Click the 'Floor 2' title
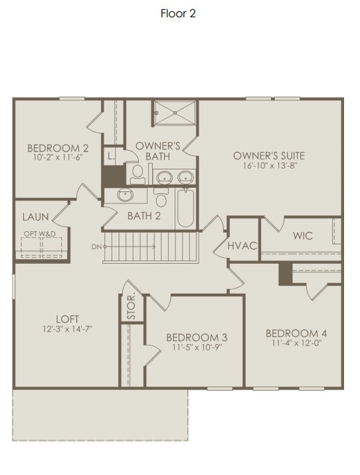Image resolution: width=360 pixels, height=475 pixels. [x=178, y=13]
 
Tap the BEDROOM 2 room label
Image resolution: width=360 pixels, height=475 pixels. [x=58, y=148]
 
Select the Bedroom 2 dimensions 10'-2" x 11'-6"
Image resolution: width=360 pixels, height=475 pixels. [x=58, y=159]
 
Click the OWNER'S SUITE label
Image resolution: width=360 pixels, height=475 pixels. [x=269, y=155]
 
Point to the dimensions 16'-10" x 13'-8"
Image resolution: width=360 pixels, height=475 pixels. [x=269, y=166]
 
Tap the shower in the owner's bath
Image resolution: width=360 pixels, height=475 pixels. [x=175, y=112]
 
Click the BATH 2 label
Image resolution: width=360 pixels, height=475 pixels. [x=144, y=215]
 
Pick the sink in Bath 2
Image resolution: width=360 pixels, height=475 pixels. [x=126, y=195]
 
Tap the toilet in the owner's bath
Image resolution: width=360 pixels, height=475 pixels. [x=137, y=174]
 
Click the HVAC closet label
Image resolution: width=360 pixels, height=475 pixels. [x=242, y=245]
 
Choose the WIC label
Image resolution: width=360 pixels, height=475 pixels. [x=302, y=236]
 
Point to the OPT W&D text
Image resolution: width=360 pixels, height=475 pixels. [x=40, y=234]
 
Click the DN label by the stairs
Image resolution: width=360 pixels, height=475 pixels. [x=97, y=247]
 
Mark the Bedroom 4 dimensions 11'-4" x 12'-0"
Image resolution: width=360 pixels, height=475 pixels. [x=296, y=343]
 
